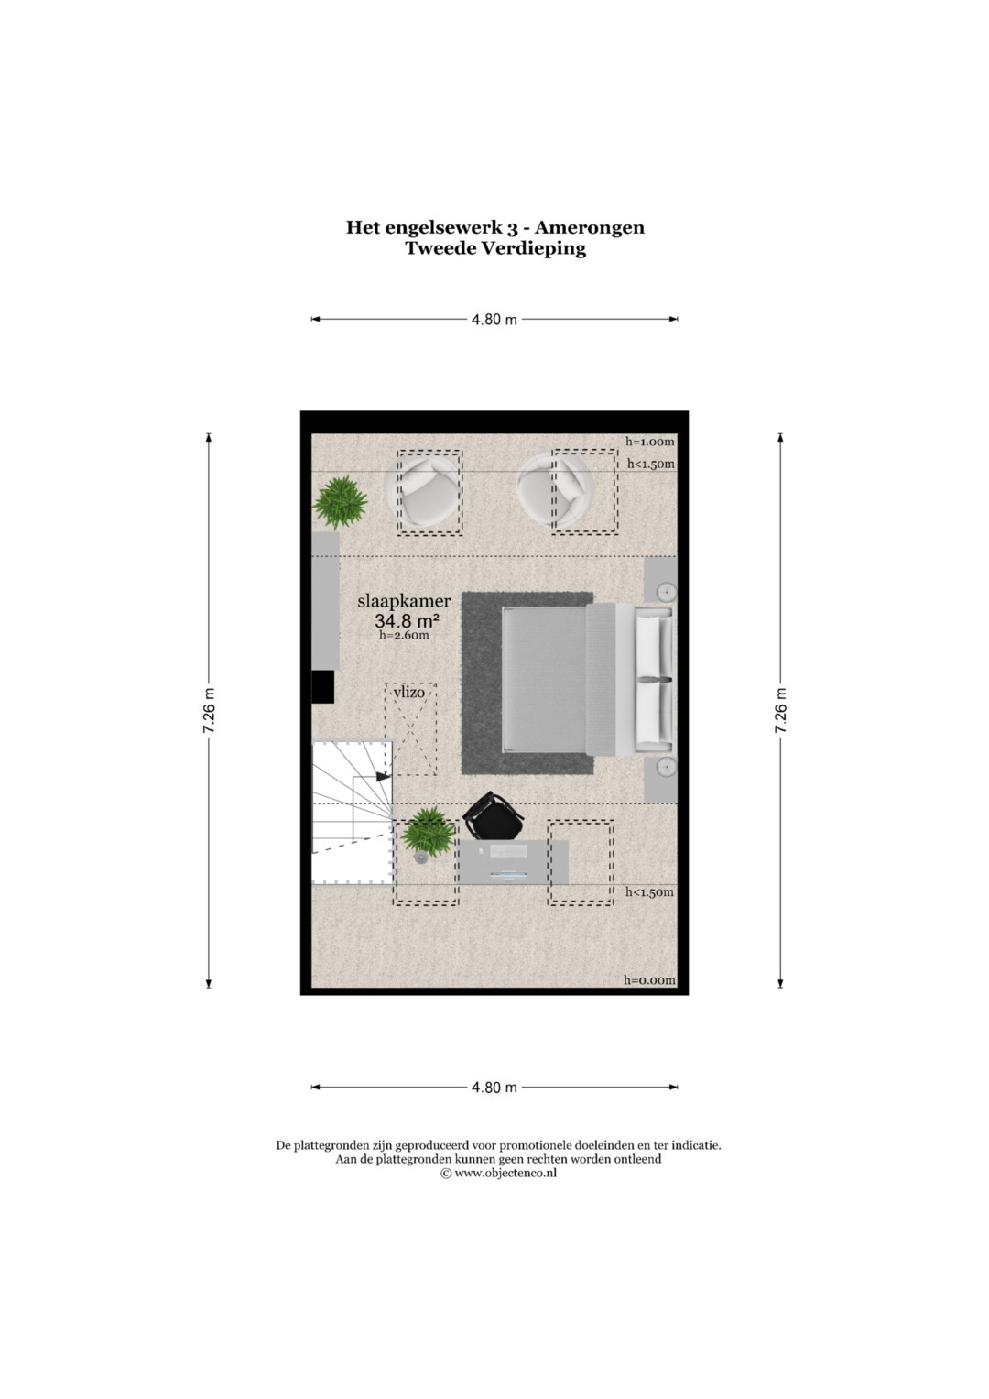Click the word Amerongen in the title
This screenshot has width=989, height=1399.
(x=590, y=228)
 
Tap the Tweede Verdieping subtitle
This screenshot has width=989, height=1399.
(x=495, y=248)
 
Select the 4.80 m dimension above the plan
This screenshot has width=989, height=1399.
(x=494, y=319)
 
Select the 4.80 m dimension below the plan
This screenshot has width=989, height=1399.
(x=494, y=1088)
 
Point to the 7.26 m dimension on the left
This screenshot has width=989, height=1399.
(x=209, y=711)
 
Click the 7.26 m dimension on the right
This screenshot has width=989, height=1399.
(x=780, y=711)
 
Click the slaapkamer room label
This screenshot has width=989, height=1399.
(x=404, y=601)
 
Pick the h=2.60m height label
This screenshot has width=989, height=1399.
(x=404, y=636)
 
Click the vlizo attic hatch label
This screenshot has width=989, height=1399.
(x=409, y=692)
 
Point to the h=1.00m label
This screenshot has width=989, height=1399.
(x=650, y=442)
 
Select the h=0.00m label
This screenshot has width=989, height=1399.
(x=649, y=980)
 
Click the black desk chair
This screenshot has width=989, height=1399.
(x=493, y=817)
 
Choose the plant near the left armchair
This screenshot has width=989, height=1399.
(x=341, y=502)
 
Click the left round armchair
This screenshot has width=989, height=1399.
(x=423, y=491)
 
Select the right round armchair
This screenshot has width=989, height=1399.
(x=556, y=489)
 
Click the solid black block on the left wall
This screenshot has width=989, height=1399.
(x=323, y=687)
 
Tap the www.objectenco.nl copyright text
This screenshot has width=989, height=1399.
(x=498, y=1173)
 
